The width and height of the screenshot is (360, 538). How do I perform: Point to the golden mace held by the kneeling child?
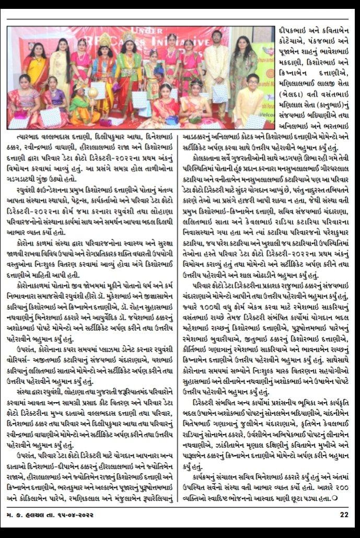tap(94, 93)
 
